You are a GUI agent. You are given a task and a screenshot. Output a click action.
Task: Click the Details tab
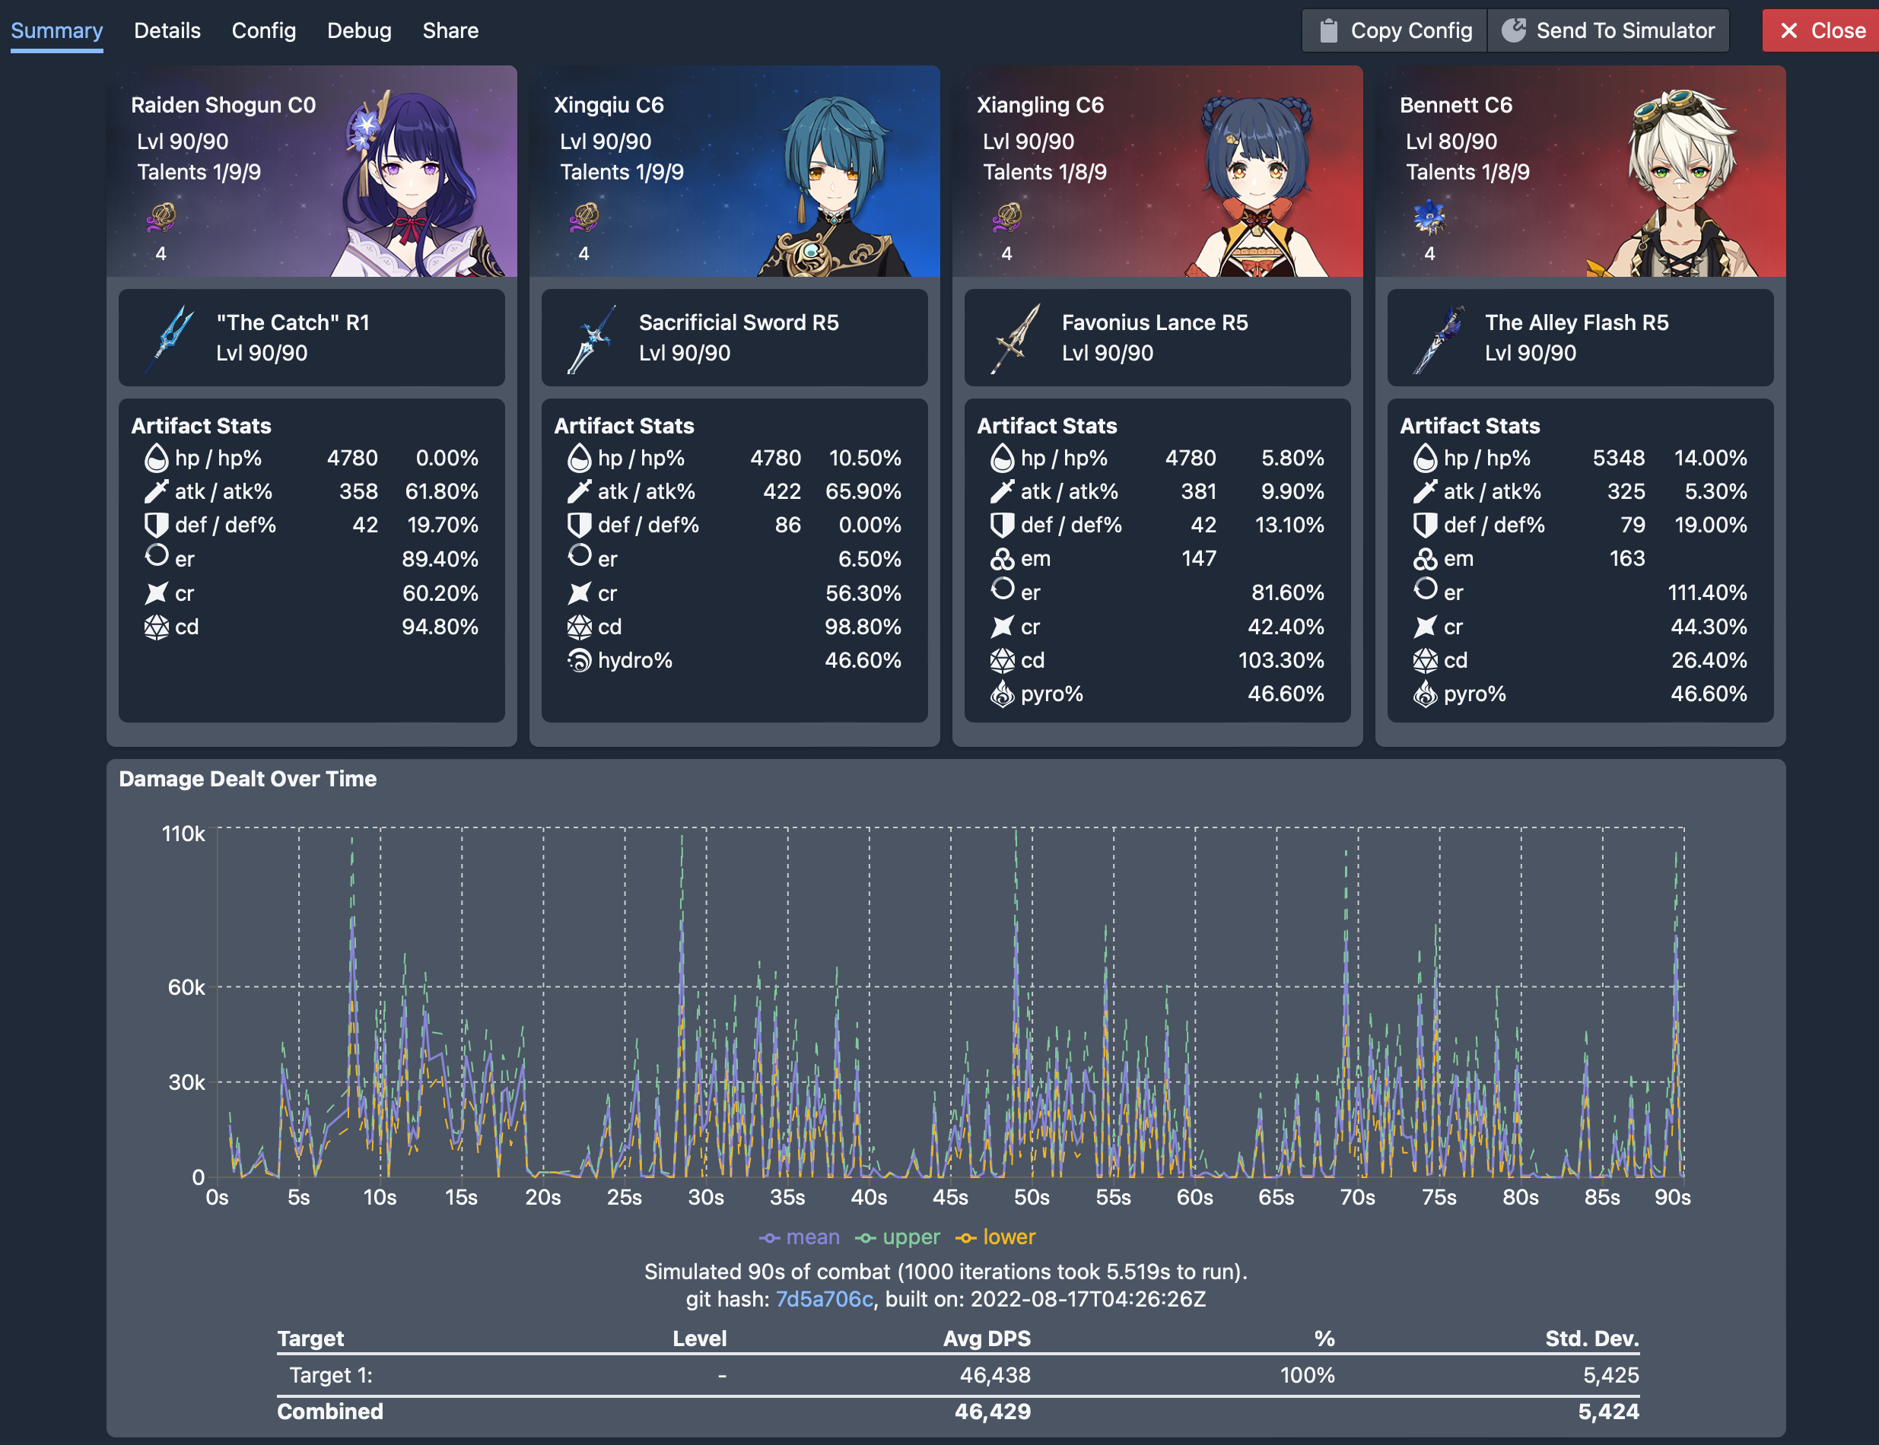click(167, 31)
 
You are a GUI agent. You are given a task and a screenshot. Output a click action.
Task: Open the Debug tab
click(359, 31)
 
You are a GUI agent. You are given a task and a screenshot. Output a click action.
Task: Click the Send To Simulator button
click(1608, 31)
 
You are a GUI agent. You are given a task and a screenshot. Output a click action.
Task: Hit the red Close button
click(1820, 31)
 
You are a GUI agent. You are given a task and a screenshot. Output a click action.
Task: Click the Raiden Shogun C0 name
click(223, 105)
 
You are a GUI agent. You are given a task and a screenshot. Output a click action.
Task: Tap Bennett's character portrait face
click(1678, 164)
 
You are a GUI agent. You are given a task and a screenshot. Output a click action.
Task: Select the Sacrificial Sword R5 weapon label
click(738, 322)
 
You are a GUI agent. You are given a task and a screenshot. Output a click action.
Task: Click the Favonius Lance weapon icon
click(1016, 338)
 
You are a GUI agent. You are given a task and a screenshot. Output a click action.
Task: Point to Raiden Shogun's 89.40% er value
click(440, 559)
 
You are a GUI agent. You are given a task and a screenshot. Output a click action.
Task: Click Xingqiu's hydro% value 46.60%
click(862, 661)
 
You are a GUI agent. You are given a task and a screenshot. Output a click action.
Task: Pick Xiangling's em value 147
click(1197, 559)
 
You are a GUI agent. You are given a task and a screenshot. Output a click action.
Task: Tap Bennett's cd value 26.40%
click(1708, 661)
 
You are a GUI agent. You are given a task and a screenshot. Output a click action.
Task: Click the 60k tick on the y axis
click(186, 987)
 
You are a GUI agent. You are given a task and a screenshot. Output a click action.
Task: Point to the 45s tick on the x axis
click(950, 1197)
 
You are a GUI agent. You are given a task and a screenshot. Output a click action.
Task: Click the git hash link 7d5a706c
click(823, 1299)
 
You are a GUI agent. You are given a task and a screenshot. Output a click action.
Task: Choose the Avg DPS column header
click(986, 1339)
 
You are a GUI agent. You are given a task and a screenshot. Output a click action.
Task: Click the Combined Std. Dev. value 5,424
click(1607, 1412)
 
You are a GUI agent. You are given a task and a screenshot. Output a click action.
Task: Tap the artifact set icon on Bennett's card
click(1429, 218)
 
